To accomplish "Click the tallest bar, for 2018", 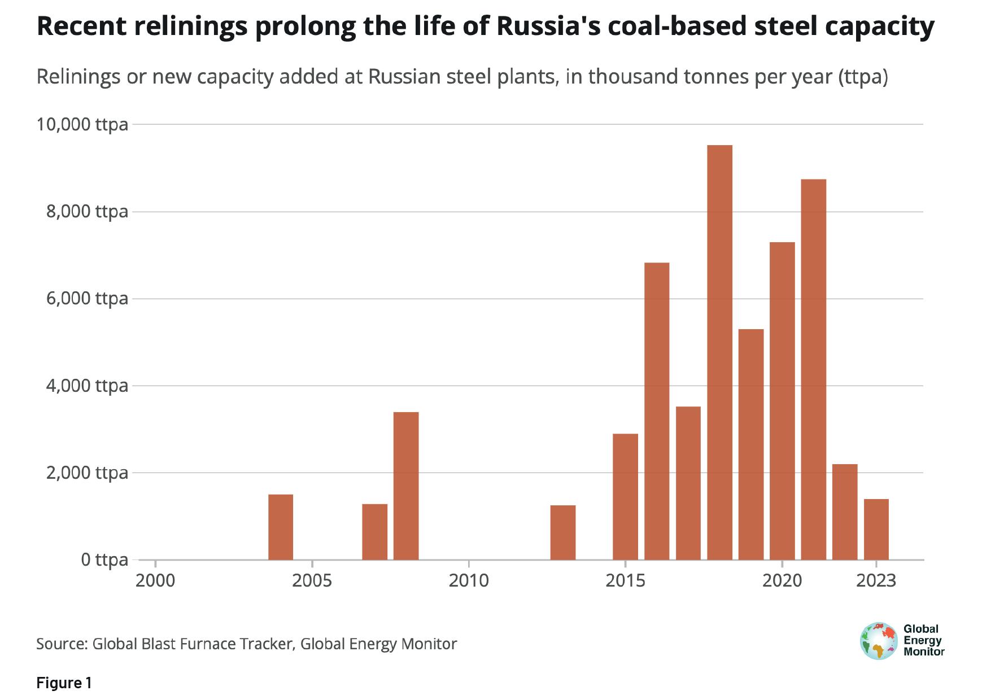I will pos(719,352).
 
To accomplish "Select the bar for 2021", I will pos(813,369).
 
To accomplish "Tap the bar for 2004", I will pos(281,527).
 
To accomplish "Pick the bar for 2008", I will pos(406,486).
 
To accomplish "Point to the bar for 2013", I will pos(563,532).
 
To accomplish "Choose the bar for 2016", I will pos(657,411).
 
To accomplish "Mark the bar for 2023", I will pos(876,529).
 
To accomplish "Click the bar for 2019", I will pos(751,444).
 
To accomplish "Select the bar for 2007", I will pos(374,531).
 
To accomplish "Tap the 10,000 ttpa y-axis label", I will pos(82,124).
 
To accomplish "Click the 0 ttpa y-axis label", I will pos(104,560).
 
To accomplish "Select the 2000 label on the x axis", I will pos(155,580).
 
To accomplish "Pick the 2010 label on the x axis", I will pos(469,580).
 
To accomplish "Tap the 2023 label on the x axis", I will pos(876,580).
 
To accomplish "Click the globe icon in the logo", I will pos(879,641).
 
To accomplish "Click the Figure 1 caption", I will pos(64,683).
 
